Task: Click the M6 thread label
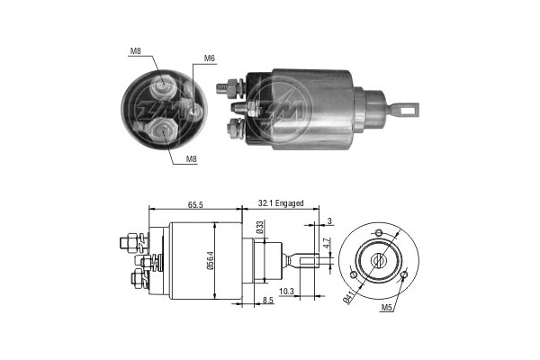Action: click(209, 58)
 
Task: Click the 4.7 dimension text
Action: click(328, 242)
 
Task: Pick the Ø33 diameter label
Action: click(260, 228)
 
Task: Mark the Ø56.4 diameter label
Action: click(211, 259)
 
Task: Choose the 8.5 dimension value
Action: click(266, 300)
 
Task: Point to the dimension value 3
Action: click(330, 220)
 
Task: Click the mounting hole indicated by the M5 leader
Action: click(403, 274)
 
